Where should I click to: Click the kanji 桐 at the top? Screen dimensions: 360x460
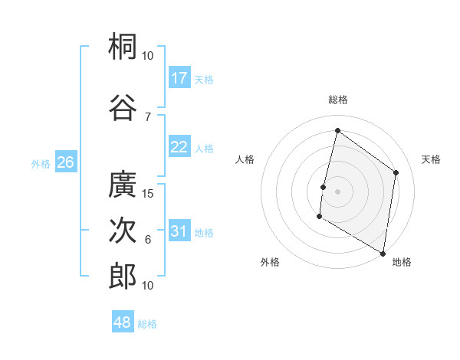pos(123,47)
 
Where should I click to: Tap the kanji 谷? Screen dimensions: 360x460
pos(123,106)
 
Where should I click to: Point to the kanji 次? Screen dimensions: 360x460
pos(123,231)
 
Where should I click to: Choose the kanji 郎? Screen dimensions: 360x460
pos(123,276)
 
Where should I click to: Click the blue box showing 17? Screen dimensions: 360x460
pos(179,78)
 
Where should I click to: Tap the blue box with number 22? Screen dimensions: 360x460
pos(179,148)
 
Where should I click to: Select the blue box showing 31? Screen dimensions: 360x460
pos(179,232)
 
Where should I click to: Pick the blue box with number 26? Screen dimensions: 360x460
pos(65,162)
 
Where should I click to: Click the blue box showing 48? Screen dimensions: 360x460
pos(123,322)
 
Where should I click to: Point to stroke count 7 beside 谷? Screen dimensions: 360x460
pos(148,116)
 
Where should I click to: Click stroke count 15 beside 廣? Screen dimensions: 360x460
pos(148,194)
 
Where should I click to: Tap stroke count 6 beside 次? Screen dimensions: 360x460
pos(148,241)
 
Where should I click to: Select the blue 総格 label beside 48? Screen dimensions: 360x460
pos(147,324)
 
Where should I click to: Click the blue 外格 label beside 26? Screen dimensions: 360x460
pos(41,163)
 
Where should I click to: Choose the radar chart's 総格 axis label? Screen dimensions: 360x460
pos(337,100)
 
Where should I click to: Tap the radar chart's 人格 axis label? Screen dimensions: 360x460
pos(245,159)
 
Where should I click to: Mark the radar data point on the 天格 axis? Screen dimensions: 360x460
pos(396,172)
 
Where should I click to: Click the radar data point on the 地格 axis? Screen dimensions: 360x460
pos(383,253)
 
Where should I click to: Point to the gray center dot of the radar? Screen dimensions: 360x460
pos(337,191)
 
